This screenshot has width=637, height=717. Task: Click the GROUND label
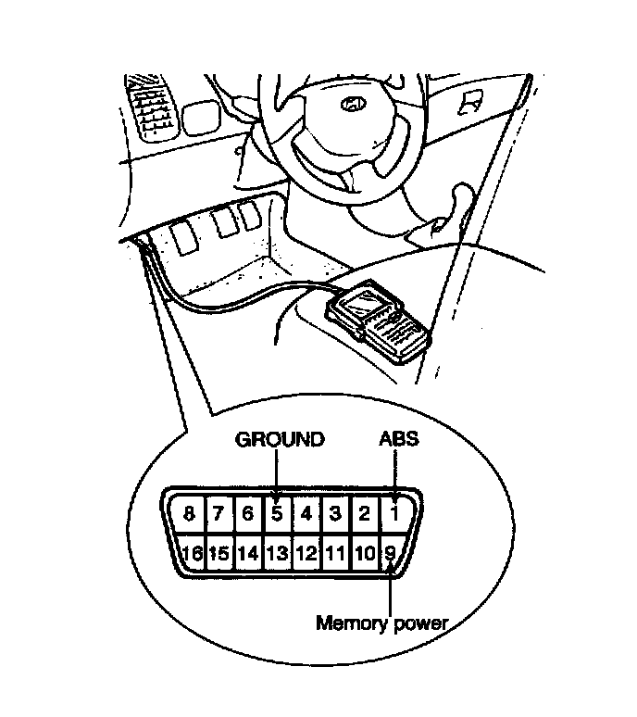(280, 439)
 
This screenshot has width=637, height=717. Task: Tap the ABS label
(398, 438)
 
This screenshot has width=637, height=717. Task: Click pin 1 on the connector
(394, 511)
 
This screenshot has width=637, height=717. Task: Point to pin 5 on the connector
(276, 512)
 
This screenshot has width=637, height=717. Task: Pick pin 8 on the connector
(189, 512)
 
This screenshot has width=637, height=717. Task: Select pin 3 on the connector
(336, 512)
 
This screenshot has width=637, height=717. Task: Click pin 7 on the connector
(219, 512)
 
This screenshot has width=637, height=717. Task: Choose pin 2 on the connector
(365, 512)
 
